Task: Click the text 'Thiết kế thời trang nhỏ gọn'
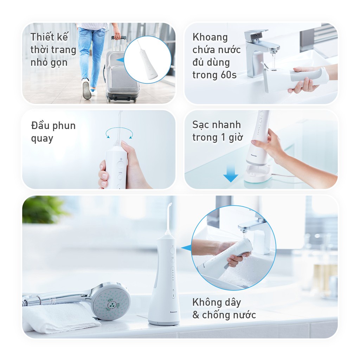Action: click(53, 50)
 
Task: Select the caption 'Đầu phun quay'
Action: click(53, 132)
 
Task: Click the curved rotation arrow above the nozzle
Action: click(120, 133)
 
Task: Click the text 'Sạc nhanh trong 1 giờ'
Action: click(217, 131)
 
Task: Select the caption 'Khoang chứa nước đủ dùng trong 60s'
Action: click(216, 56)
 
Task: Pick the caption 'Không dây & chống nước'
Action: click(224, 308)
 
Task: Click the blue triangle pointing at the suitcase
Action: click(121, 60)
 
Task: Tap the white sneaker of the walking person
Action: click(86, 90)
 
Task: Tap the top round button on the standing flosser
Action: click(172, 251)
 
